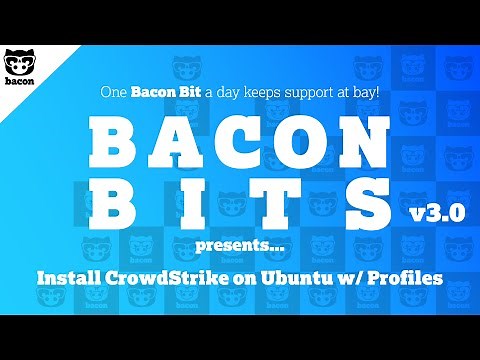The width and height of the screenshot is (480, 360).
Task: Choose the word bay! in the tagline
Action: point(360,91)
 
